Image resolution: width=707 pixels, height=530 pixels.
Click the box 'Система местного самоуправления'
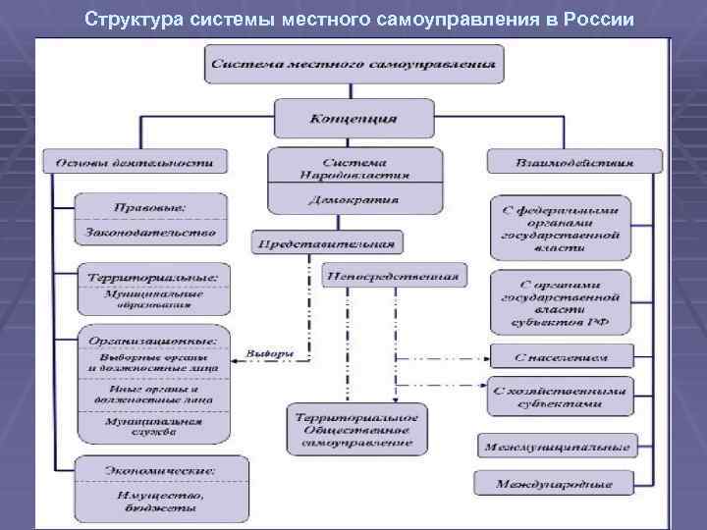[x=353, y=65]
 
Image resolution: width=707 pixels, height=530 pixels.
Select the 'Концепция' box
[x=353, y=118]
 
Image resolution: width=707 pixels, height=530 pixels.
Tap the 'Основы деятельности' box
[x=135, y=161]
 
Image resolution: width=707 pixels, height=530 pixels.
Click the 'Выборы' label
[x=270, y=353]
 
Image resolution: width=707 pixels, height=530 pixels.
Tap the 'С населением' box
[x=562, y=356]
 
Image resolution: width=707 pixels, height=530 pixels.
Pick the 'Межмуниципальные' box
[x=555, y=447]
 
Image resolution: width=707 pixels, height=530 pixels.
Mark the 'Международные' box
[x=555, y=483]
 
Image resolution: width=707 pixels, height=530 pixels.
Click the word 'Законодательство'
[x=152, y=233]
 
